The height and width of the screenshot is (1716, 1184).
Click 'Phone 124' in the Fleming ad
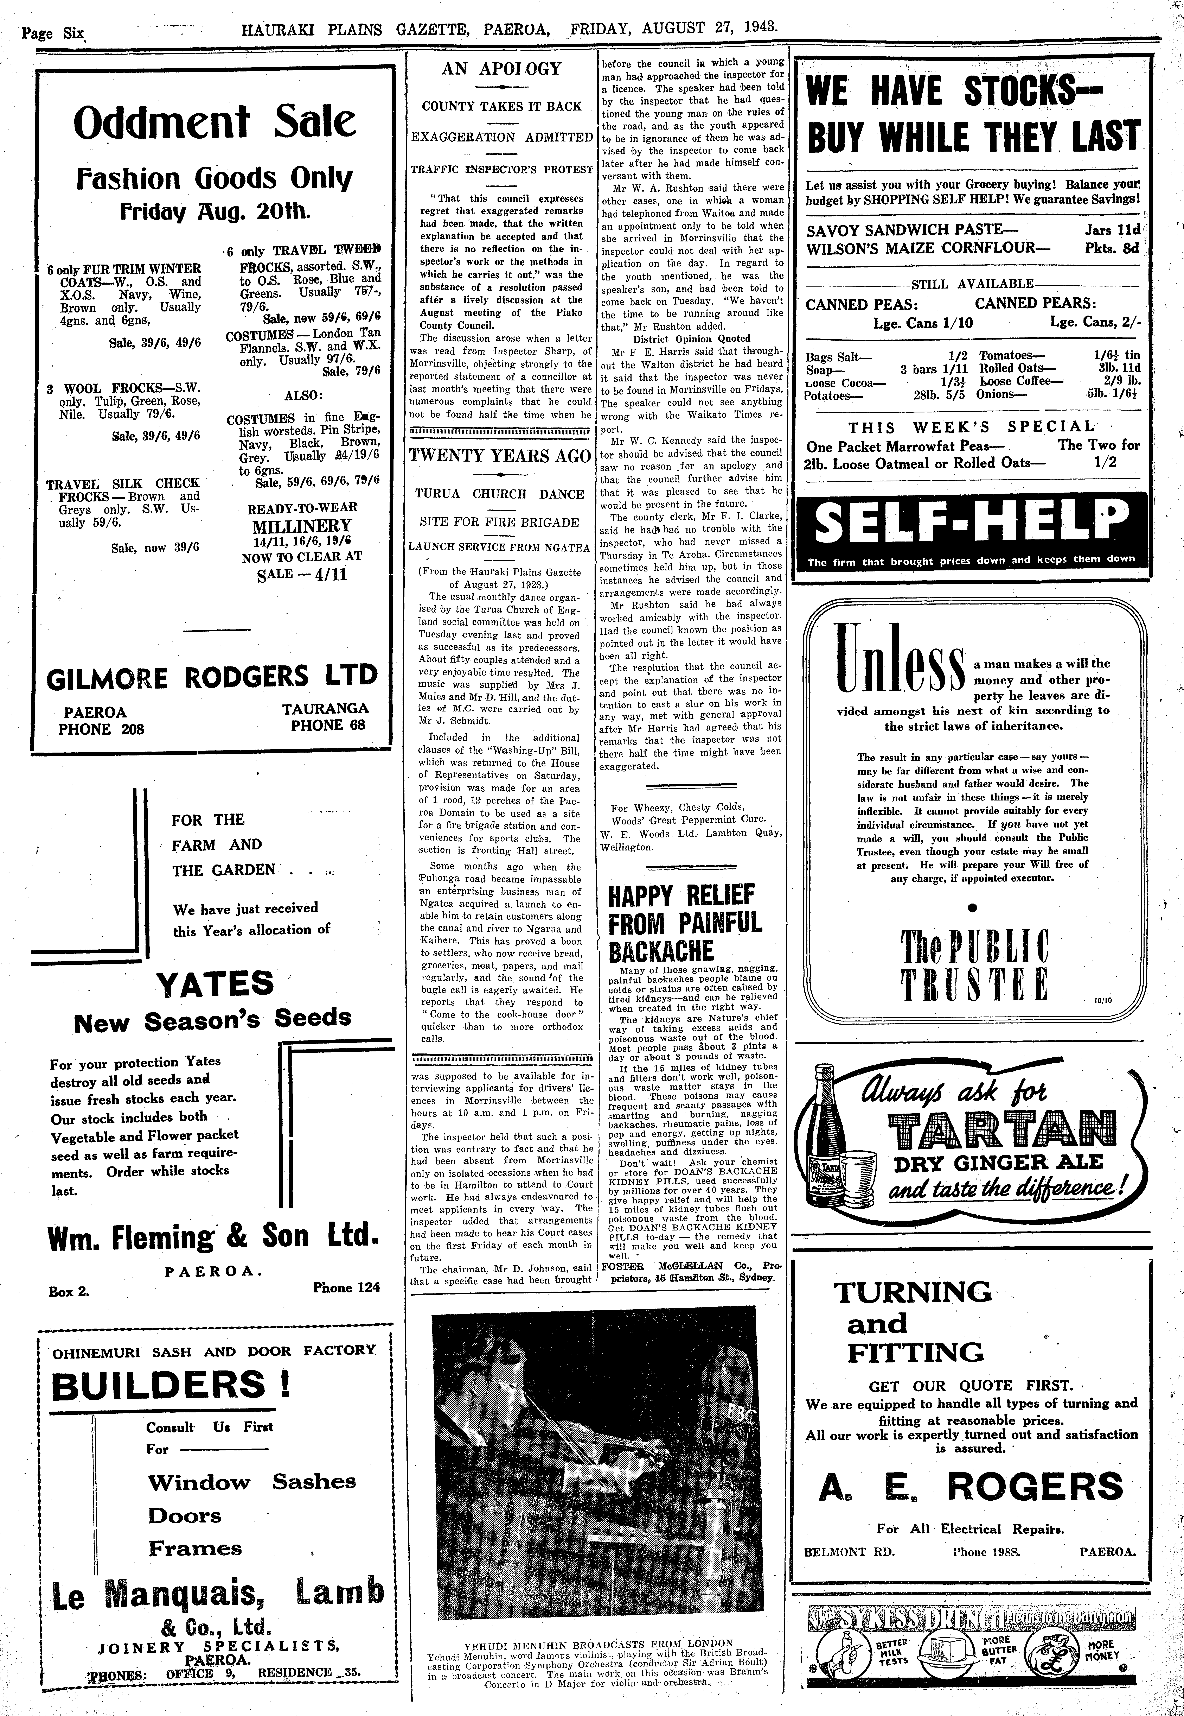pos(346,1287)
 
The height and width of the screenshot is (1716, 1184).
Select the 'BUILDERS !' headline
pos(171,1385)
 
